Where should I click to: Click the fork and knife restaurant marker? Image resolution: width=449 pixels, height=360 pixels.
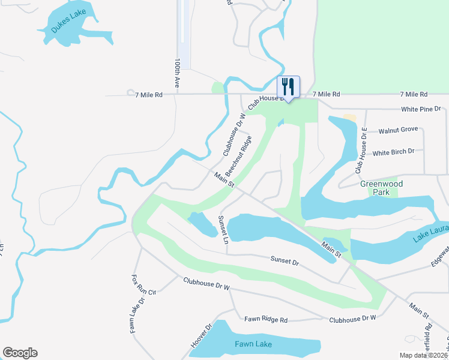pos(288,87)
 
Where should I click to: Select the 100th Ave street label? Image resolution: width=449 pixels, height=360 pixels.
pos(177,73)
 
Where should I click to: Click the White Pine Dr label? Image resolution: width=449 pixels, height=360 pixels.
pos(421,109)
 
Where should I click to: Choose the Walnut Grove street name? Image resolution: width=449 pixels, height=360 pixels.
pos(397,130)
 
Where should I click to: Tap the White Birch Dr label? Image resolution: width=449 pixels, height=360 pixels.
pos(393,152)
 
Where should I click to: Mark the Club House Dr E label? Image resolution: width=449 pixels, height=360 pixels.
pos(361,152)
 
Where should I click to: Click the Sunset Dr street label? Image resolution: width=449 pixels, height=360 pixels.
pos(285,262)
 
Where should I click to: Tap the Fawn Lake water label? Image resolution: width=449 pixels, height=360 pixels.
pos(253,344)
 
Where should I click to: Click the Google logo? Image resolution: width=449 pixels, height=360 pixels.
pos(20,353)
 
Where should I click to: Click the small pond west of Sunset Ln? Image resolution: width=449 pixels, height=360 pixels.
pos(202,223)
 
